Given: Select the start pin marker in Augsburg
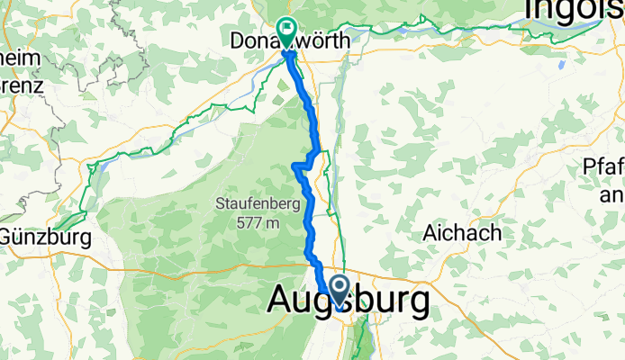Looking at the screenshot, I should point(340,291).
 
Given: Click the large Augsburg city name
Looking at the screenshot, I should point(348,303).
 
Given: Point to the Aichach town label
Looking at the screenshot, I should point(462,233).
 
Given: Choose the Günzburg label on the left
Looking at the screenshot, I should point(46,238).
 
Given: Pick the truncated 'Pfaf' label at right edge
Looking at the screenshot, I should point(603,168).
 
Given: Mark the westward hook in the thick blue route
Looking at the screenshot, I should point(296,165).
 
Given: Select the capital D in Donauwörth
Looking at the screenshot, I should point(237,41).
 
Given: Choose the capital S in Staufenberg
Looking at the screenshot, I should point(220,204).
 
